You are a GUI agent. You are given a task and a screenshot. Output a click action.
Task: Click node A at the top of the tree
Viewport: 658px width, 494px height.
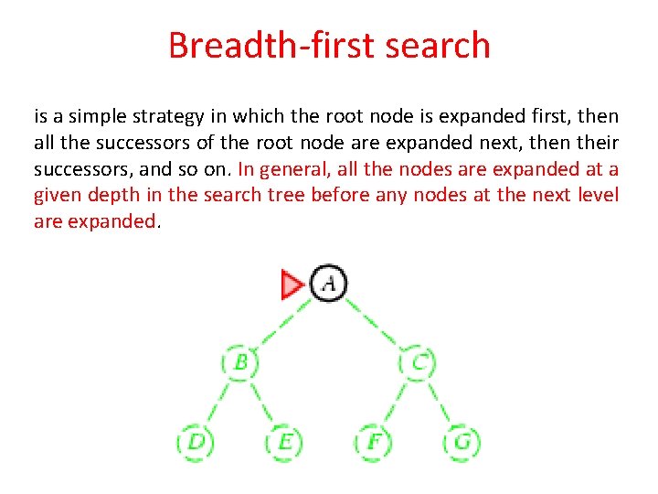329,284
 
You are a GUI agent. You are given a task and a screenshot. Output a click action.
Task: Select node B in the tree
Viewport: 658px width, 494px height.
239,362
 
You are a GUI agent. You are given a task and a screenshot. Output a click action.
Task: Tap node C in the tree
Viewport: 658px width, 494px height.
418,362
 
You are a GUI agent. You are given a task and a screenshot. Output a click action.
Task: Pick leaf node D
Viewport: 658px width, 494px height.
195,442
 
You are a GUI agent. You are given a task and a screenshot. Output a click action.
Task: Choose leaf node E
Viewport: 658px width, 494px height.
284,442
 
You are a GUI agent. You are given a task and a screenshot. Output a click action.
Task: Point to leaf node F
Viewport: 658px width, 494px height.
373,442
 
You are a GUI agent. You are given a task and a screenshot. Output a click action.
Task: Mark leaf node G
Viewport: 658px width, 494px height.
462,442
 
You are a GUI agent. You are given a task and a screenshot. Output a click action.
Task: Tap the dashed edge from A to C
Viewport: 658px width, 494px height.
374,323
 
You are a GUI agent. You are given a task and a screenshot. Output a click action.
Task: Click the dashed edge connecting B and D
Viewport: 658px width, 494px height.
218,403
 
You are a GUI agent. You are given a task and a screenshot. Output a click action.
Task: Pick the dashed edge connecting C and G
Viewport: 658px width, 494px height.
440,403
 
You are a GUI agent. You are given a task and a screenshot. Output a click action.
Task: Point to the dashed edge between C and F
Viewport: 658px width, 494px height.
396,403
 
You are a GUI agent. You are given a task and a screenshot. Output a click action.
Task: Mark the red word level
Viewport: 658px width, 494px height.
597,196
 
